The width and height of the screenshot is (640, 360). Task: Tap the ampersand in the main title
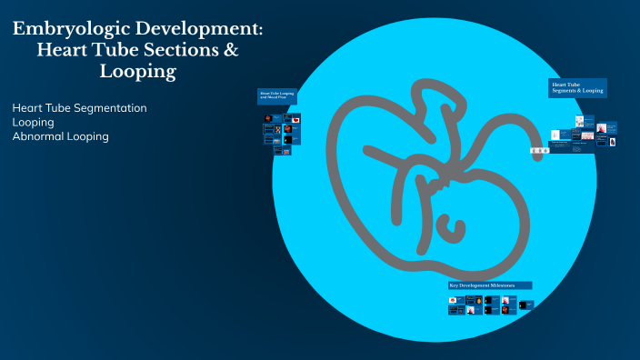coord(230,51)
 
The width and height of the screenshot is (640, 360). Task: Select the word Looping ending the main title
coord(137,72)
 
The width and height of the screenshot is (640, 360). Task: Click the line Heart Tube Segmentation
coord(79,107)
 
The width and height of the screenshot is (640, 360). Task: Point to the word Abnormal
coord(40,136)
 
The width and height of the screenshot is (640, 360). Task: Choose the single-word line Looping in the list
coord(33,122)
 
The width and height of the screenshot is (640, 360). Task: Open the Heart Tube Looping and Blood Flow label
coord(277,95)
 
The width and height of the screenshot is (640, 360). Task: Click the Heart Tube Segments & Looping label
coord(577,88)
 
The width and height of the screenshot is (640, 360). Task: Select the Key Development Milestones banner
coord(489,285)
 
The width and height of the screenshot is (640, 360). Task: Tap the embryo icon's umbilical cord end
coord(539,155)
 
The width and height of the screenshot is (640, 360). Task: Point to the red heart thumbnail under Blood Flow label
coord(296,119)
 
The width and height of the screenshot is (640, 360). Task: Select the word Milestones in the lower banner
coord(502,285)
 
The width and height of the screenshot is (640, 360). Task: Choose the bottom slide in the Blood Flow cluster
coord(286,152)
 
